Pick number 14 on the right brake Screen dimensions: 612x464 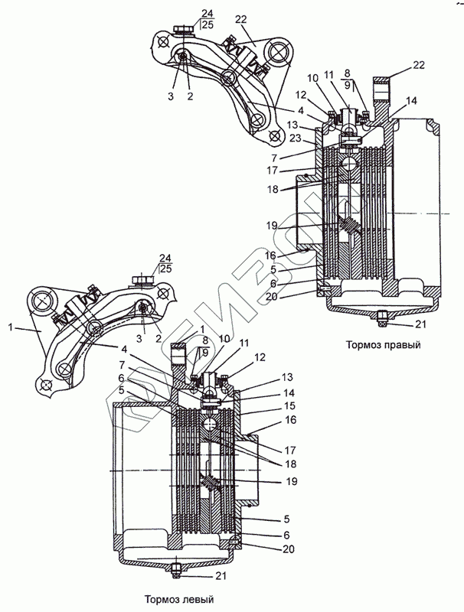(x=412, y=100)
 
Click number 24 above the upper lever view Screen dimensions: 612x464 (x=206, y=13)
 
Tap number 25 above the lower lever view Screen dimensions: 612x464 (x=166, y=270)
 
